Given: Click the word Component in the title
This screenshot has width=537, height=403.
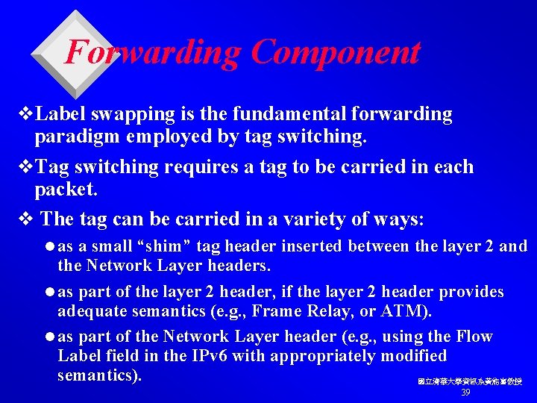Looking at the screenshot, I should pyautogui.click(x=335, y=52).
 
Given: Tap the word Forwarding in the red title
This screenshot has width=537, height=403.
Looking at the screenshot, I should pyautogui.click(x=154, y=52).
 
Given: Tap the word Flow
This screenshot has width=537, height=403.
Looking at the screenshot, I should pyautogui.click(x=474, y=337).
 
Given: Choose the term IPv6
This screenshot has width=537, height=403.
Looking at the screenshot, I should pyautogui.click(x=207, y=356).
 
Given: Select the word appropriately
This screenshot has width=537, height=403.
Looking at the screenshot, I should pyautogui.click(x=322, y=356).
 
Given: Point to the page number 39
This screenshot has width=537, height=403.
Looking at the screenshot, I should pyautogui.click(x=465, y=393).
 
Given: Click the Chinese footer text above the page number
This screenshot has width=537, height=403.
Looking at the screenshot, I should pyautogui.click(x=470, y=381).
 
